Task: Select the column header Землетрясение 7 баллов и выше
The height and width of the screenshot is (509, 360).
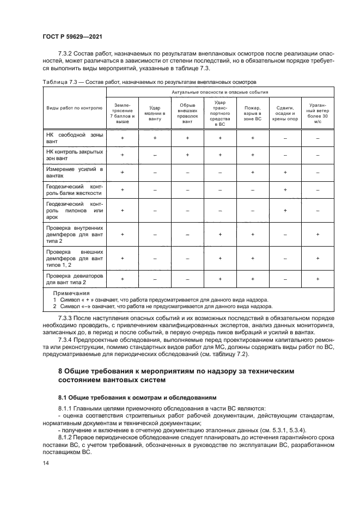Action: click(122, 113)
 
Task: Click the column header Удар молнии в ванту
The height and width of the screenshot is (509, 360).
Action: click(155, 113)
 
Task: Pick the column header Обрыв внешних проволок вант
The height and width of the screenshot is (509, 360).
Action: click(187, 113)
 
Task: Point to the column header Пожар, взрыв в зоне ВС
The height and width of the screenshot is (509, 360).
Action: click(253, 113)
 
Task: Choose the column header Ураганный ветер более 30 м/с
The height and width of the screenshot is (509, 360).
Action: click(318, 113)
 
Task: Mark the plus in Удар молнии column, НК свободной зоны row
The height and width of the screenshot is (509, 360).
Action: click(155, 138)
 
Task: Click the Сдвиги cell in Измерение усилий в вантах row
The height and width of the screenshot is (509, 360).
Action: click(285, 173)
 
